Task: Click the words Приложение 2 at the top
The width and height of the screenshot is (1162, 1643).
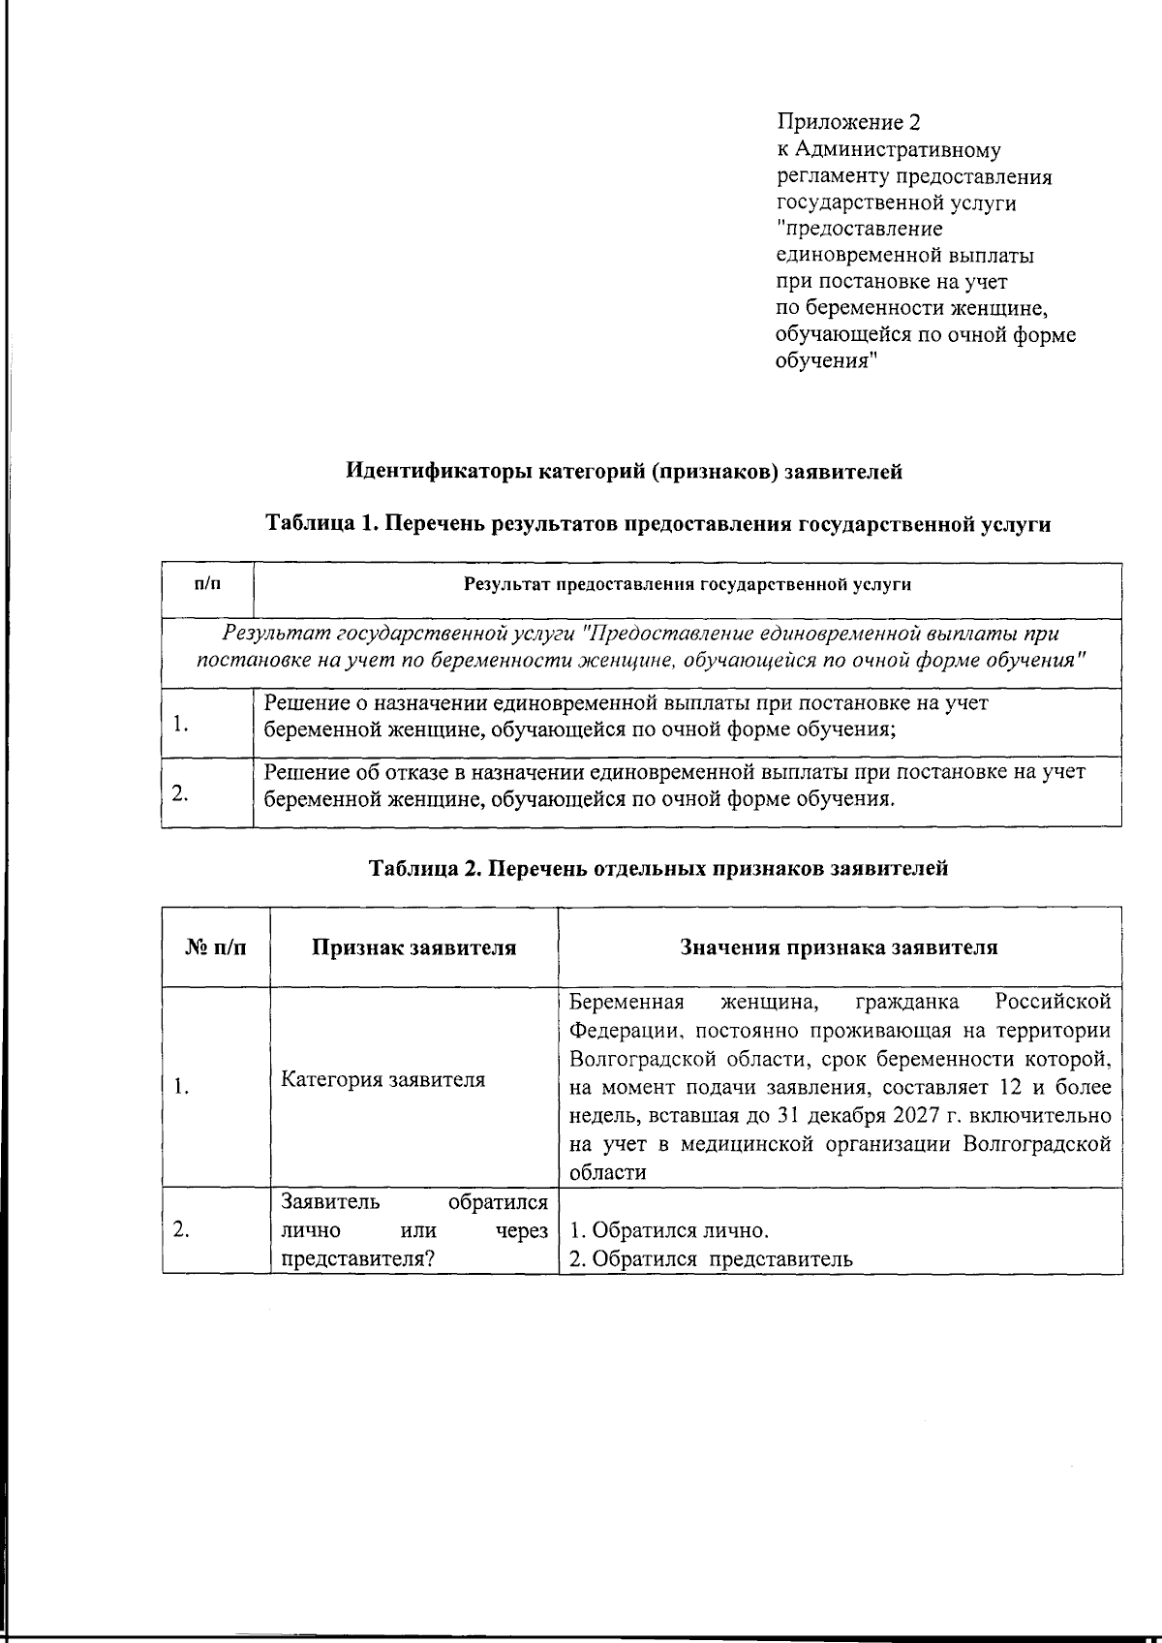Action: coord(847,123)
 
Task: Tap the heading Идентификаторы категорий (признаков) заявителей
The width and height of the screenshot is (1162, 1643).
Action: coord(625,472)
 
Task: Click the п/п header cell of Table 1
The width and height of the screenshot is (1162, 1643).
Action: coord(207,584)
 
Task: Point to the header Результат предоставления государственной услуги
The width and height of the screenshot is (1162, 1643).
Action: coord(687,584)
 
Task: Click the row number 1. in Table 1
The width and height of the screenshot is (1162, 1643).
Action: coord(179,724)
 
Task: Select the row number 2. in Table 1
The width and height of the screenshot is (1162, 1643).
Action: coord(179,793)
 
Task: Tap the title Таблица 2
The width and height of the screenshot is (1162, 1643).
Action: coord(423,868)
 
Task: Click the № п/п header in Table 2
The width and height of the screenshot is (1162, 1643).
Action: coord(216,947)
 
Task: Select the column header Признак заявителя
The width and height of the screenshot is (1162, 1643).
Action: coord(413,947)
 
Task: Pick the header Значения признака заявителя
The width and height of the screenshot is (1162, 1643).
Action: coord(839,947)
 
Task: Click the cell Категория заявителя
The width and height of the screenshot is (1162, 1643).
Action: coord(382,1079)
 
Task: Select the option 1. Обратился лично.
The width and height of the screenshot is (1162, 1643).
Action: coord(669,1231)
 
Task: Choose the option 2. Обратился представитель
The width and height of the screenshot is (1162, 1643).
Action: coord(711,1259)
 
